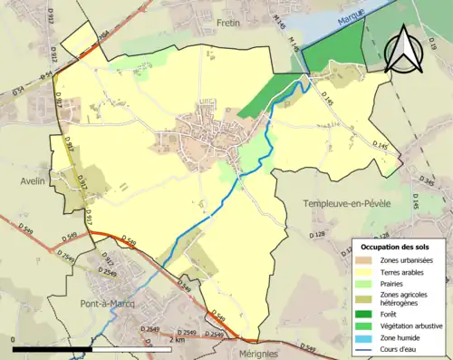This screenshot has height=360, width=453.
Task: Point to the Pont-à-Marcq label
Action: coord(107,304)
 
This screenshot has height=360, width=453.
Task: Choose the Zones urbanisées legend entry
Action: coord(406,260)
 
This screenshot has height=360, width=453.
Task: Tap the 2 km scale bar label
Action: coord(178,339)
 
